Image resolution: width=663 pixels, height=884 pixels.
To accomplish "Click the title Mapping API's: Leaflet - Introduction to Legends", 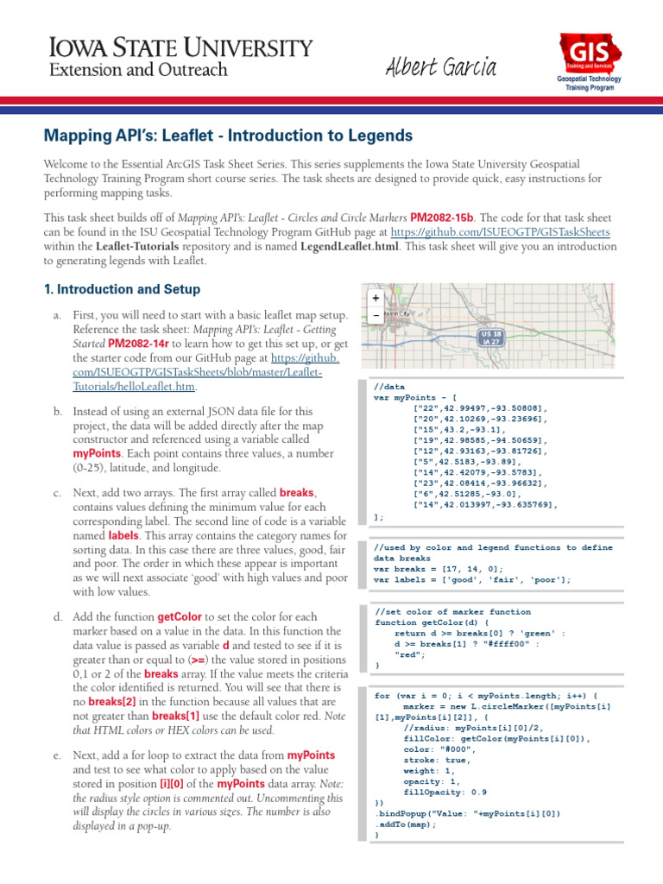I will coord(228,136).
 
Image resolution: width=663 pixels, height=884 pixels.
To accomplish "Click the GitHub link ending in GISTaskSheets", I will coord(500,232).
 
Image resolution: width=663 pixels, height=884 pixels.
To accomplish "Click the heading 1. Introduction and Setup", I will coord(122,289).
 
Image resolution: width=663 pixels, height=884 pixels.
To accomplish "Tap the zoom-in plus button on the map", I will coord(376,298).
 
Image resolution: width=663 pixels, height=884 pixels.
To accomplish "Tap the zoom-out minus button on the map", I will coord(376,315).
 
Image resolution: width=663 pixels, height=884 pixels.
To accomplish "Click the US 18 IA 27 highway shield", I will coord(491,338).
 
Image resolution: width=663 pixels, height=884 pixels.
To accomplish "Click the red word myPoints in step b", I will coord(97,453).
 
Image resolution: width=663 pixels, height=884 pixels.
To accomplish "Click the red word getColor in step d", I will coord(180,618).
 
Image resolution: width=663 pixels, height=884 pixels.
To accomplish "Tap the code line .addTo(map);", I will coord(406,824).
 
